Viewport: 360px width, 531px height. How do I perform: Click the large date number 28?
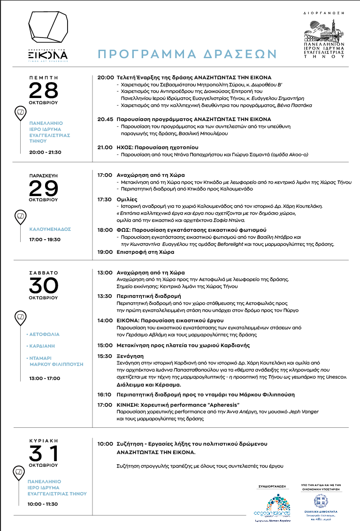click(x=43, y=91)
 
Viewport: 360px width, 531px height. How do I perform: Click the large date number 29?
click(x=43, y=189)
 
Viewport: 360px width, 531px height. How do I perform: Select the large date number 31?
click(x=44, y=453)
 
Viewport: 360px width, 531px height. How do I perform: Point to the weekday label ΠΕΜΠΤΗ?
click(x=43, y=76)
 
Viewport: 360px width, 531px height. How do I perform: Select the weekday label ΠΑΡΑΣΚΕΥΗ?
click(x=43, y=174)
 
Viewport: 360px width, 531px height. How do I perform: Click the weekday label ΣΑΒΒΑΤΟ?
click(x=43, y=272)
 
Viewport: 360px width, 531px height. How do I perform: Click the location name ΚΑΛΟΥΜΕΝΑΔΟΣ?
click(x=49, y=229)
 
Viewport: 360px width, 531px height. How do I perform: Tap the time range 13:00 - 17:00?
click(x=45, y=378)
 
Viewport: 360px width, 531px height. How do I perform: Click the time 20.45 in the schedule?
click(x=106, y=119)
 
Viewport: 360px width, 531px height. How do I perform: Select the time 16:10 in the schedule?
click(x=106, y=395)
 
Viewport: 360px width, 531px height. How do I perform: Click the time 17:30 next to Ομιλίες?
click(x=106, y=199)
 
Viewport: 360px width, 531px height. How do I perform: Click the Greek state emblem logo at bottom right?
click(x=321, y=502)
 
